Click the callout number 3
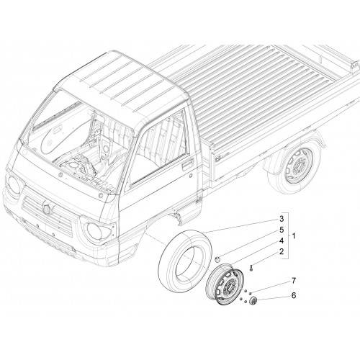click(282, 219)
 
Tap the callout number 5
click(282, 230)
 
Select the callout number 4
click(282, 240)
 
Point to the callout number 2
click(282, 251)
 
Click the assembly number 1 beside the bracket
click(293, 235)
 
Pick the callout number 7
click(294, 281)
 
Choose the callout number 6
click(294, 295)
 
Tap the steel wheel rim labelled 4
click(225, 284)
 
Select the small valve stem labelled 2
click(251, 268)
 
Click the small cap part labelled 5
click(217, 259)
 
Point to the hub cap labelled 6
click(253, 301)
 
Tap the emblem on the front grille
click(46, 207)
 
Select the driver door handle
click(187, 164)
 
